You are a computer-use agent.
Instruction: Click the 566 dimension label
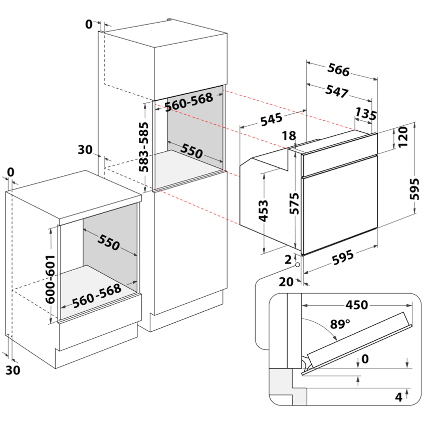[339, 70]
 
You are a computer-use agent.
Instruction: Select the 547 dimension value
[337, 92]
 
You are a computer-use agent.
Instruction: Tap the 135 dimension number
[366, 114]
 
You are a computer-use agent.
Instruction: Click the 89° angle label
[340, 324]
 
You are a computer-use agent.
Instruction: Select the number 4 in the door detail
[398, 397]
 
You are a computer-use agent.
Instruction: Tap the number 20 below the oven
[286, 282]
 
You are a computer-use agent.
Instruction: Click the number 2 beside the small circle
[287, 260]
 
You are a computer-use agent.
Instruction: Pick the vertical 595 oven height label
[413, 188]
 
